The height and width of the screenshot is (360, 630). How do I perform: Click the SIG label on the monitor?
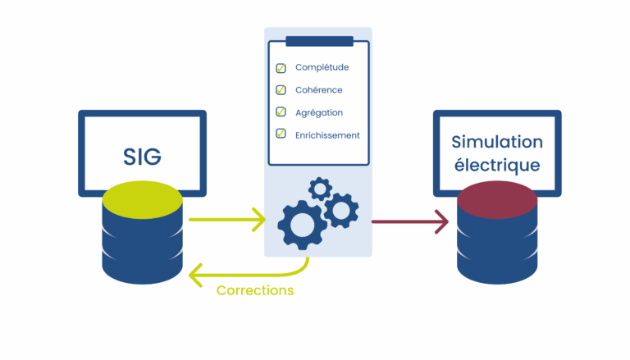pos(142,157)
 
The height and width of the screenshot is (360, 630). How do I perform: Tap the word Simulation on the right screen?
pos(497,142)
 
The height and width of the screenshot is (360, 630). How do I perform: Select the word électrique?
pos(497,165)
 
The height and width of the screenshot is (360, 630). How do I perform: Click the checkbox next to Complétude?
pos(281,68)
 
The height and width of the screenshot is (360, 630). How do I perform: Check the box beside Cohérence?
pos(281,89)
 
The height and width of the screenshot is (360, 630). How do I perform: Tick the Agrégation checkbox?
pos(281,112)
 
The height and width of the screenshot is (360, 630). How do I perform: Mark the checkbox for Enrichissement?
pos(281,133)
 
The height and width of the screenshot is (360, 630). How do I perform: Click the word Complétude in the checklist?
pos(322,67)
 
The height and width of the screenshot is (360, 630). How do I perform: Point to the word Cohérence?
pos(318,90)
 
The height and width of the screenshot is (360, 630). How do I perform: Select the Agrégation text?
pos(319,113)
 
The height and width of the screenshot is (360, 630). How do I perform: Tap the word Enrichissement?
pos(327,135)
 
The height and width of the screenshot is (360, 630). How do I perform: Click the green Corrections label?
pos(255,290)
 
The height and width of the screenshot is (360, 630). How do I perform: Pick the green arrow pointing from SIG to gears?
pos(227,220)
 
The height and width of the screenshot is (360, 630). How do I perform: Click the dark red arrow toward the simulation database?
pos(410,221)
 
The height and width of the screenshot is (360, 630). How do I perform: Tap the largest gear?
pos(302,225)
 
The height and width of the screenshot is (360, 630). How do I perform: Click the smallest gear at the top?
pos(320,189)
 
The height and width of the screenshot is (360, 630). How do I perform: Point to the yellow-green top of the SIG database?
pos(142,200)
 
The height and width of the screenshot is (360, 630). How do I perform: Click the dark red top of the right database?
pos(497,200)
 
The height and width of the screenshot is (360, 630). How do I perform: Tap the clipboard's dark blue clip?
pos(319,41)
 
